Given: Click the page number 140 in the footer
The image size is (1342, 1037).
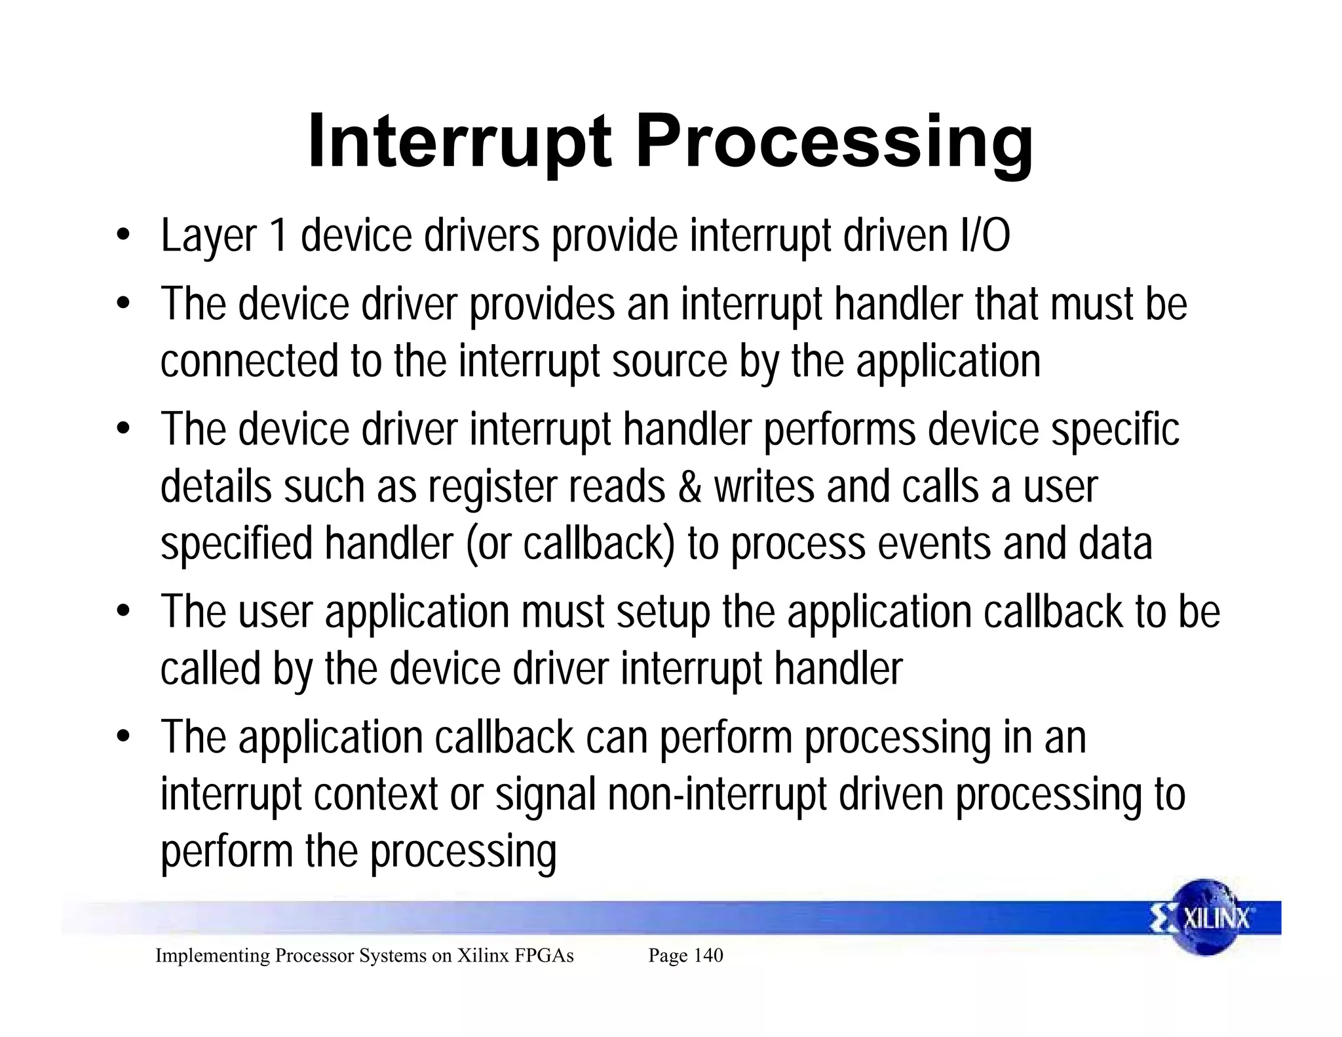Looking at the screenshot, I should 708,955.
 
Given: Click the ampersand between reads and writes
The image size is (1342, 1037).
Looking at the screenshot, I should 689,487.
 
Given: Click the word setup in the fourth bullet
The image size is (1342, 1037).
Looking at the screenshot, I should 662,612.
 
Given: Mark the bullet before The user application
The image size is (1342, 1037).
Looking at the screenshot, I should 123,612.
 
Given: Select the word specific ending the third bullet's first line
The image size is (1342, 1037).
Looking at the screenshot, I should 1115,429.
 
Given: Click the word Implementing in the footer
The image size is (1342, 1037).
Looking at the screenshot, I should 212,955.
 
